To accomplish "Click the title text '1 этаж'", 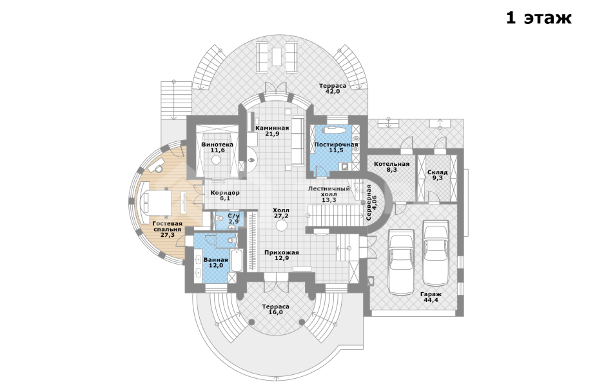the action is (x=538, y=18).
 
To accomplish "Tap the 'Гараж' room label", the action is (x=431, y=294).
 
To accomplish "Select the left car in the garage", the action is (x=400, y=261).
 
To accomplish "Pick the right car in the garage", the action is (x=436, y=252).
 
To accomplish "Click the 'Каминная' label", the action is (x=272, y=128).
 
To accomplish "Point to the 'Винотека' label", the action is (x=217, y=145).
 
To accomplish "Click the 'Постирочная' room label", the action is (x=336, y=145).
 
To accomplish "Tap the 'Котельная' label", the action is (x=391, y=164).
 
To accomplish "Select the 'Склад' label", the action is (x=437, y=172).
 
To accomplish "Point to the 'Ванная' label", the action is (x=215, y=260).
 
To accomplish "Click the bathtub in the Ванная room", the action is (x=237, y=260).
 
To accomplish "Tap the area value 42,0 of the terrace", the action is (x=333, y=92).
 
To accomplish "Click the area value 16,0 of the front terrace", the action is (x=276, y=312).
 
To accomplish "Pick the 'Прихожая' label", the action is (x=281, y=252).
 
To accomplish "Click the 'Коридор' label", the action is (x=225, y=193).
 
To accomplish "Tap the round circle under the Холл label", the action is (x=281, y=226).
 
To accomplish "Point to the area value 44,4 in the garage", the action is (x=431, y=300).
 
